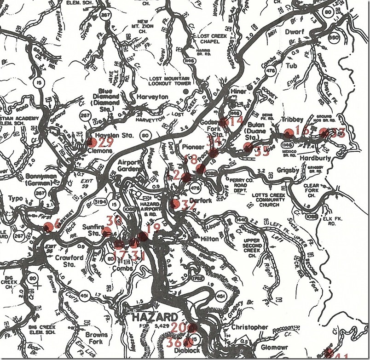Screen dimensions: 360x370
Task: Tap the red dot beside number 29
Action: point(92,143)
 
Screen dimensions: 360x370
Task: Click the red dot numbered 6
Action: point(48,227)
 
